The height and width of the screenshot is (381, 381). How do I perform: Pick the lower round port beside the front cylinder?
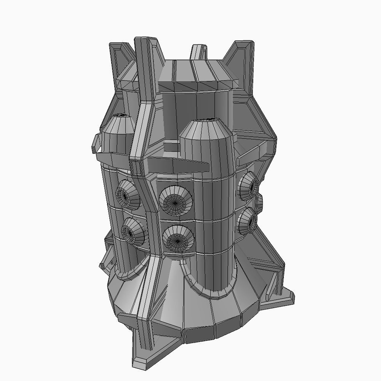177,239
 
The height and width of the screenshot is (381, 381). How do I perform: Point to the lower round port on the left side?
132,231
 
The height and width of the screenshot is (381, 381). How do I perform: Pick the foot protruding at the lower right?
284,297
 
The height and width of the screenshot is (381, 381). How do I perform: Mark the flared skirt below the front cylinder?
213,316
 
